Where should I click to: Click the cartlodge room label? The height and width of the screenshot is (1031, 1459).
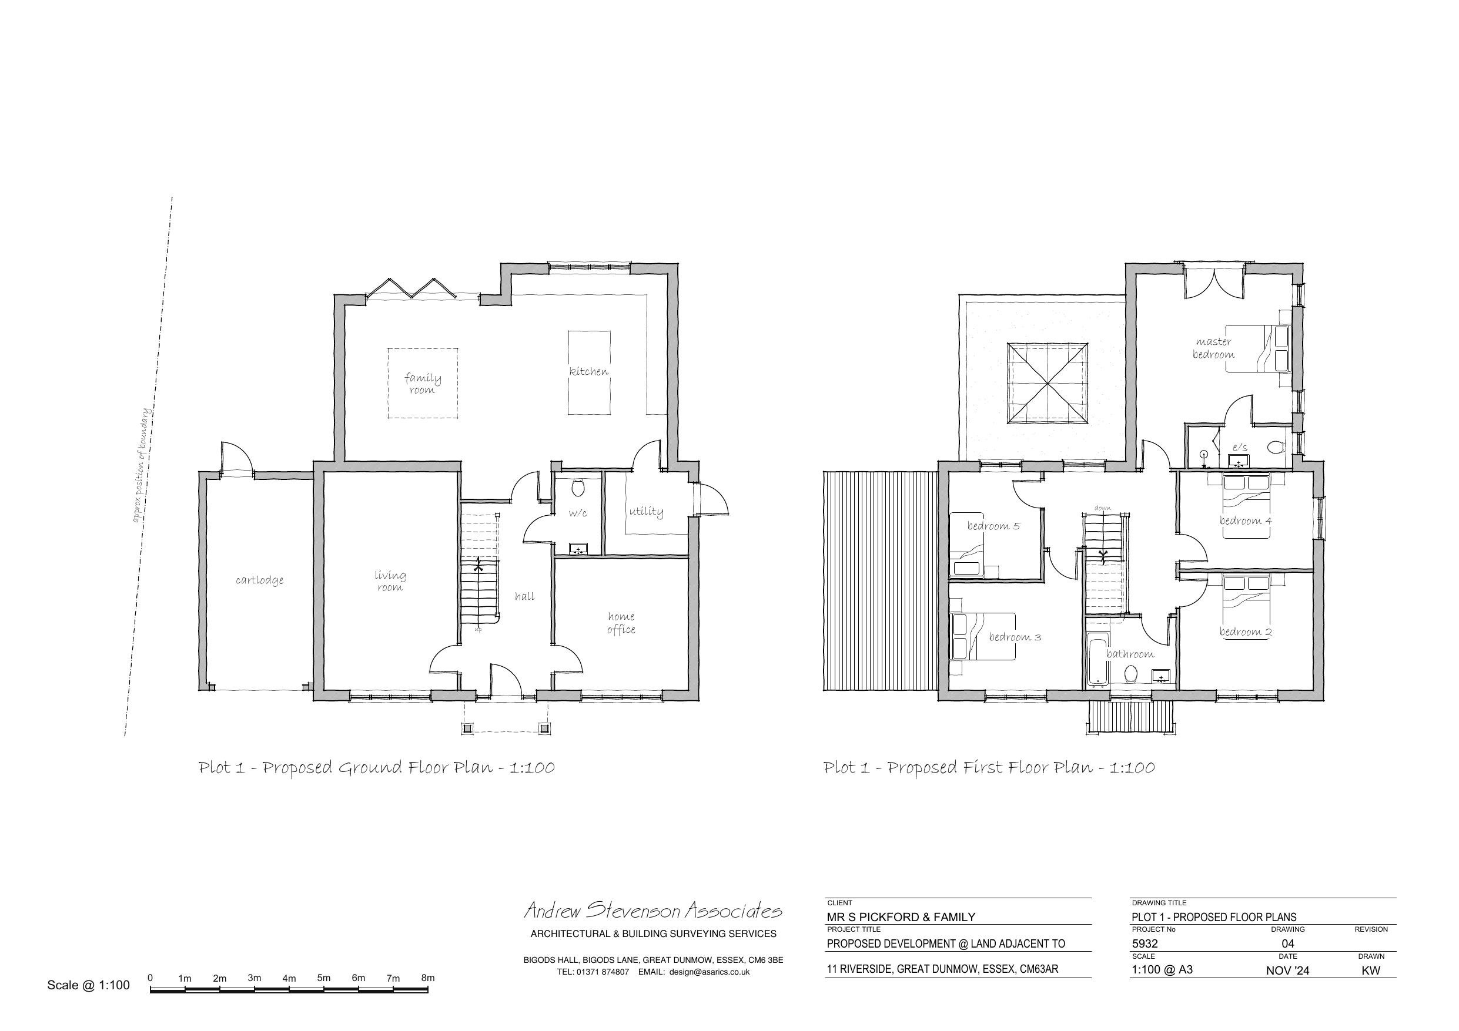[x=259, y=580]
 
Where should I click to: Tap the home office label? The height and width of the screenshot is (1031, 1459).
[x=620, y=623]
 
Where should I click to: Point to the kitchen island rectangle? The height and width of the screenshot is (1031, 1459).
[x=589, y=372]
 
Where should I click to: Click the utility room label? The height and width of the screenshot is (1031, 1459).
[x=646, y=511]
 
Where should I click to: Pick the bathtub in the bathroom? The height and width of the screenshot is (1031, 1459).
[x=1097, y=661]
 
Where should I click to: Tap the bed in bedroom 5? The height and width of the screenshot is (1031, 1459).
[x=966, y=562]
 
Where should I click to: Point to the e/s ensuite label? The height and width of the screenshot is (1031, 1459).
[x=1240, y=447]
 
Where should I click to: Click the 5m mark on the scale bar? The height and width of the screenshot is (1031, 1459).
[x=323, y=978]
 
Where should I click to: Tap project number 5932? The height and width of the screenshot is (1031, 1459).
[x=1145, y=943]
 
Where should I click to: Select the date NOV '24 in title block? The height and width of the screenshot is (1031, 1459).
[x=1287, y=970]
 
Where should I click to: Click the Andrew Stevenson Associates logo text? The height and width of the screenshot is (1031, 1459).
[x=652, y=911]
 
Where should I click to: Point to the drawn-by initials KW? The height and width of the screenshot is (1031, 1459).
[x=1371, y=970]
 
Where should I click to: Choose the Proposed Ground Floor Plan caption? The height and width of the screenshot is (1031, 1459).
[x=377, y=767]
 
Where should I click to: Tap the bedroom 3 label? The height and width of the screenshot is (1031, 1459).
[x=1014, y=637]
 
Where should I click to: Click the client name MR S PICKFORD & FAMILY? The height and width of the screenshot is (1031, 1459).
[x=901, y=916]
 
